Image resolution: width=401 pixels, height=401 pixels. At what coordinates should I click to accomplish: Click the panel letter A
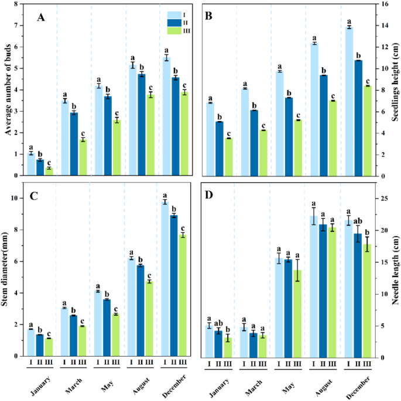[41, 17]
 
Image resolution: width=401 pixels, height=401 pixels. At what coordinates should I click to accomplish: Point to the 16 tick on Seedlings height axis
[383, 4]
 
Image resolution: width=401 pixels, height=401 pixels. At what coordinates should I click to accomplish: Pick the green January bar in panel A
[49, 171]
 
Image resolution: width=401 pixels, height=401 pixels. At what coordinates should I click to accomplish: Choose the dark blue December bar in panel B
[358, 117]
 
